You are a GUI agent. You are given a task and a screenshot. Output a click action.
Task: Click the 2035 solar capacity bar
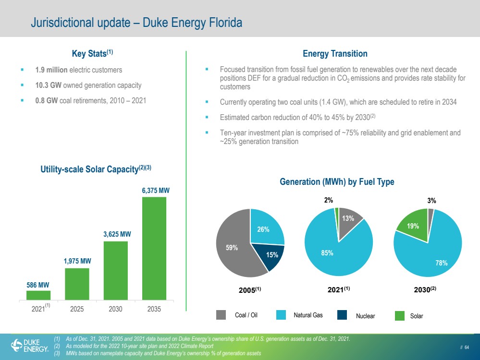tap(154, 248)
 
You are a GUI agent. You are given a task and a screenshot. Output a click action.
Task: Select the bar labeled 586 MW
tap(38, 295)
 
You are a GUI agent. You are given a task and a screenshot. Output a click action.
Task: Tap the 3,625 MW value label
tap(117, 234)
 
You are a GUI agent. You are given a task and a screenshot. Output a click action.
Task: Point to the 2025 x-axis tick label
tap(77, 309)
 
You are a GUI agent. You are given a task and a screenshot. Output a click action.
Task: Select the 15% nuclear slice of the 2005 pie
tap(270, 255)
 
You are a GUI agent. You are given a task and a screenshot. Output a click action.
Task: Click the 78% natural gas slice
tap(435, 254)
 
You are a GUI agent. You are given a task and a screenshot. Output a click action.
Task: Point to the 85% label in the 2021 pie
tap(327, 253)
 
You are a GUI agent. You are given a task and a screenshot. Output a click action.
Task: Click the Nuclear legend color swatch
tap(342, 315)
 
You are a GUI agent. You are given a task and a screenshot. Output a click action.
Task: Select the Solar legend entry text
tap(416, 316)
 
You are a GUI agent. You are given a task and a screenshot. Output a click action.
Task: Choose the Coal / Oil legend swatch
tap(221, 315)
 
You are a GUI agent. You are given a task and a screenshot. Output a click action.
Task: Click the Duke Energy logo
tap(30, 345)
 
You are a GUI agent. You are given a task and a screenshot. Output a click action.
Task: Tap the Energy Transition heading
tap(335, 54)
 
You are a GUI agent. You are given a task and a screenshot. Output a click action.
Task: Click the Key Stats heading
tap(92, 53)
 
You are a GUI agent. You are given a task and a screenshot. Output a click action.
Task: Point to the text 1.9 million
tap(51, 70)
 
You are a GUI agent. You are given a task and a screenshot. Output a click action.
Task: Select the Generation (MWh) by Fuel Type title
tap(337, 182)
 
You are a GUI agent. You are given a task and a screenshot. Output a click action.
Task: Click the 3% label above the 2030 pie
tap(431, 201)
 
